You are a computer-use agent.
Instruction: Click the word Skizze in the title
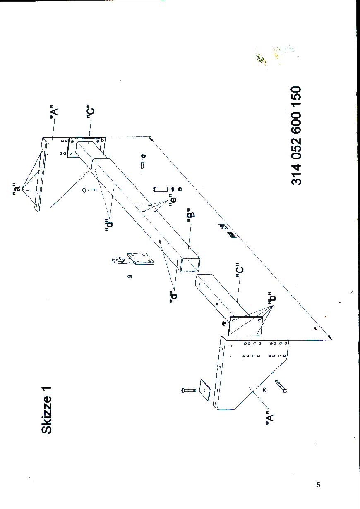47,418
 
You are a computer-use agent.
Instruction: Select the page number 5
318,485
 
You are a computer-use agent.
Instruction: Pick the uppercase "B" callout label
191,217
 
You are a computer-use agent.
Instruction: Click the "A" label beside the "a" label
53,114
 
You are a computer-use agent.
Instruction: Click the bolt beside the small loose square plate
189,390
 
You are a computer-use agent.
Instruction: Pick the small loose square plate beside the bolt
205,389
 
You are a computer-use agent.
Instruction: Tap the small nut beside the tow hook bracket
130,276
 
